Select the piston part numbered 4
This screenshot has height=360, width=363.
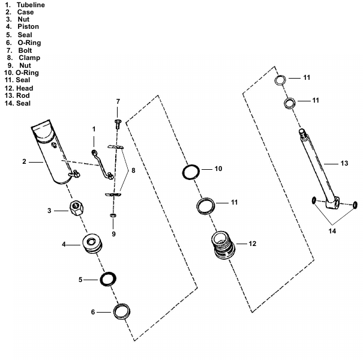[x=93, y=244]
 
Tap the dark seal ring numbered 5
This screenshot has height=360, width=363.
[x=108, y=279]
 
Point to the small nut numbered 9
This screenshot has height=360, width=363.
[x=113, y=215]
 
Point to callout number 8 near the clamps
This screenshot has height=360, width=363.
[x=133, y=170]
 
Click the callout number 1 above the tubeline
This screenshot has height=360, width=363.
[x=94, y=129]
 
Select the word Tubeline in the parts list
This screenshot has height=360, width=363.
[x=30, y=5]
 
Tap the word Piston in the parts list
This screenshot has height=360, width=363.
[x=28, y=27]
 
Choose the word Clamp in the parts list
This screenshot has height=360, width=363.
[x=29, y=58]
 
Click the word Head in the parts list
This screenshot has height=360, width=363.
[x=25, y=88]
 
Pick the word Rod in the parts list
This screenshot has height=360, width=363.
[x=23, y=96]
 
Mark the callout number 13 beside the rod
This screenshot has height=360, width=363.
[x=344, y=163]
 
